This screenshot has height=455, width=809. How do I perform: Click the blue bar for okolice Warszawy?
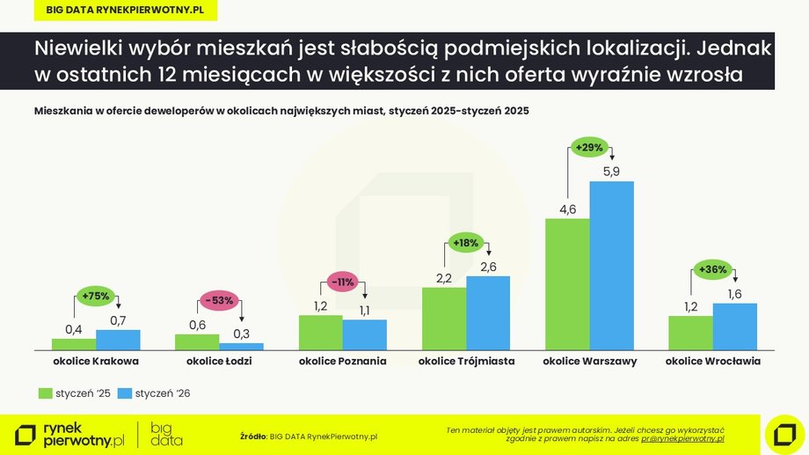[x=611, y=265]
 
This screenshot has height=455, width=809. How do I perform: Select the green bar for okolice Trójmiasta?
[x=444, y=319]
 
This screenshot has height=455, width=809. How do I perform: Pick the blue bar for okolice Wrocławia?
[x=734, y=327]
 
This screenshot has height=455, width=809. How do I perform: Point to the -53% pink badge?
[x=220, y=300]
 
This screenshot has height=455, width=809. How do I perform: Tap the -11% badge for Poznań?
[x=342, y=282]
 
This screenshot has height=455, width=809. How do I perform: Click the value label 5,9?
[x=611, y=172]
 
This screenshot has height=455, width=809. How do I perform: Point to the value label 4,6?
[x=567, y=209]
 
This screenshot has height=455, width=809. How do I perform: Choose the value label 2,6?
[x=488, y=266]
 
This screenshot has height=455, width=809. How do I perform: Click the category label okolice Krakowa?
[x=96, y=361]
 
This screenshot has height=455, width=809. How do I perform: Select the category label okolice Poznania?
[x=342, y=361]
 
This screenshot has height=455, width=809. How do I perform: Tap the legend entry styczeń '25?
[x=76, y=393]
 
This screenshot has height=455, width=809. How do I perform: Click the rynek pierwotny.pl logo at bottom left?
[x=70, y=433]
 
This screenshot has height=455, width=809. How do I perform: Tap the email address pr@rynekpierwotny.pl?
[x=681, y=437]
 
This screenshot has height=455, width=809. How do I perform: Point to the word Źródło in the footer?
[x=253, y=436]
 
